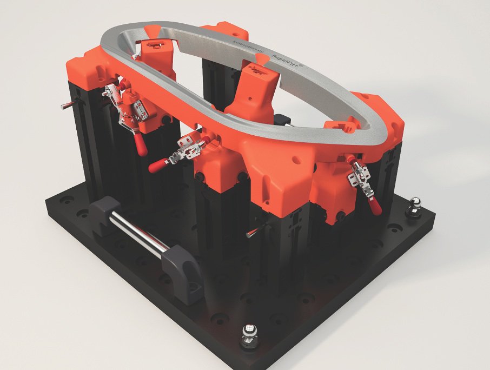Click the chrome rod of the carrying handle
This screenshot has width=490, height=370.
click(x=138, y=233)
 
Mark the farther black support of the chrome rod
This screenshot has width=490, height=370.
click(x=104, y=213)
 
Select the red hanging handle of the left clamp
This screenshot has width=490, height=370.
click(x=141, y=143)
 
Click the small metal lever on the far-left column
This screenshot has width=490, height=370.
click(x=68, y=104)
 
